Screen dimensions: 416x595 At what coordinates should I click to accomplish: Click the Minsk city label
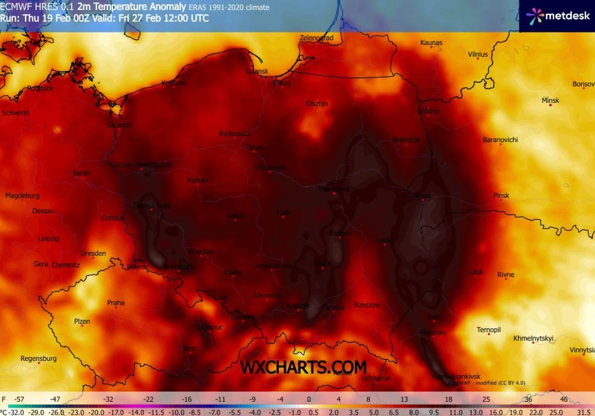[x=550, y=101]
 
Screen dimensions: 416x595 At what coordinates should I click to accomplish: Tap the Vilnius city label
[x=478, y=54]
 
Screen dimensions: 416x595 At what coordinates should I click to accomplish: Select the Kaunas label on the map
[x=431, y=43]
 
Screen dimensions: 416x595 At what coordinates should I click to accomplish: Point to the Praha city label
[x=116, y=303]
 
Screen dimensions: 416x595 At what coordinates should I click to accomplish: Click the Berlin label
[x=82, y=173]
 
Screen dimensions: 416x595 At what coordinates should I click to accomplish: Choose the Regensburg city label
[x=38, y=359]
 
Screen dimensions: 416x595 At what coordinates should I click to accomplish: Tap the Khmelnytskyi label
[x=533, y=338]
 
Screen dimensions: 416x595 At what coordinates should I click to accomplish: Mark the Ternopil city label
[x=489, y=330]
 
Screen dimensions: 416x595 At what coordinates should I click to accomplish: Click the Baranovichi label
[x=500, y=140]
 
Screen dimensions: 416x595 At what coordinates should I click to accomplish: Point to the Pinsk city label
[x=501, y=195]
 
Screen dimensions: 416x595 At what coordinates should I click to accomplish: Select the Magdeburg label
[x=22, y=195]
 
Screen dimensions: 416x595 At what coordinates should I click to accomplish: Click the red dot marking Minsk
[x=550, y=107]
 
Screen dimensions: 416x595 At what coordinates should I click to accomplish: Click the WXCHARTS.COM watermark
[x=303, y=367]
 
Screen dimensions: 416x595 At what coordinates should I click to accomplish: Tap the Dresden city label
[x=93, y=253]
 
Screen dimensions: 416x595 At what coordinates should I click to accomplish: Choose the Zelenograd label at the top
[x=316, y=38]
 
